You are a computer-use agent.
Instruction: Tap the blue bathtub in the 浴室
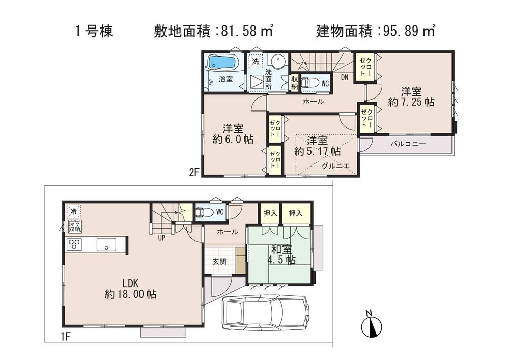(x=222, y=63)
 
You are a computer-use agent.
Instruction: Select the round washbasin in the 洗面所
(x=277, y=62)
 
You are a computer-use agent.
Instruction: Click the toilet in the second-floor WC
(x=309, y=82)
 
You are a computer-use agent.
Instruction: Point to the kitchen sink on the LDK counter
(x=106, y=245)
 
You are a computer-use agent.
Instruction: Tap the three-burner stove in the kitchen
(x=74, y=244)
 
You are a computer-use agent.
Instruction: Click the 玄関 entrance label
(x=219, y=262)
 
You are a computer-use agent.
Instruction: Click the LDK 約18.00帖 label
(x=130, y=288)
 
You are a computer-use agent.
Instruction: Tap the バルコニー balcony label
(x=408, y=145)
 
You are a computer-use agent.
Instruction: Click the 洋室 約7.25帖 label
(x=411, y=97)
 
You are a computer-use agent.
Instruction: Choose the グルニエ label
(x=335, y=165)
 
